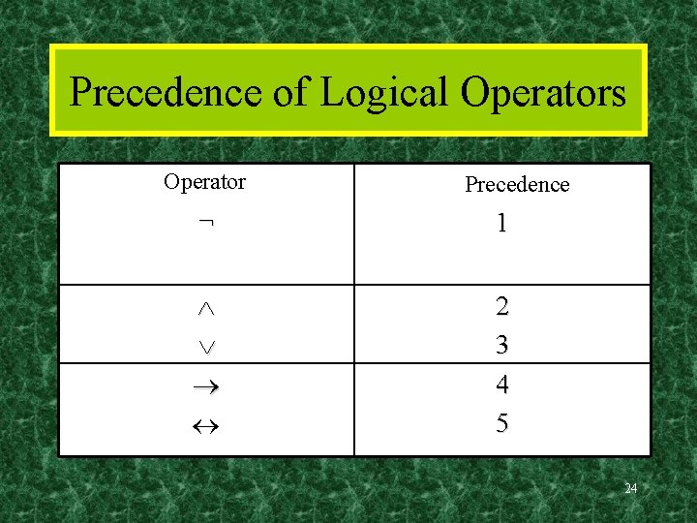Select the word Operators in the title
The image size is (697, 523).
point(543,94)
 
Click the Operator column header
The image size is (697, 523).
point(204,182)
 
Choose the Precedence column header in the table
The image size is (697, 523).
point(517,184)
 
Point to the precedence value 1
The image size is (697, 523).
point(501,224)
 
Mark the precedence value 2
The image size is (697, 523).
point(501,307)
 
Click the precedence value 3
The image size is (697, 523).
point(501,345)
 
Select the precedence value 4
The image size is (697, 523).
point(501,385)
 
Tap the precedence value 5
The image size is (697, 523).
point(501,423)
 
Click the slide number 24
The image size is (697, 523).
point(630,488)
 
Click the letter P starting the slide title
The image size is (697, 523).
point(81,94)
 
